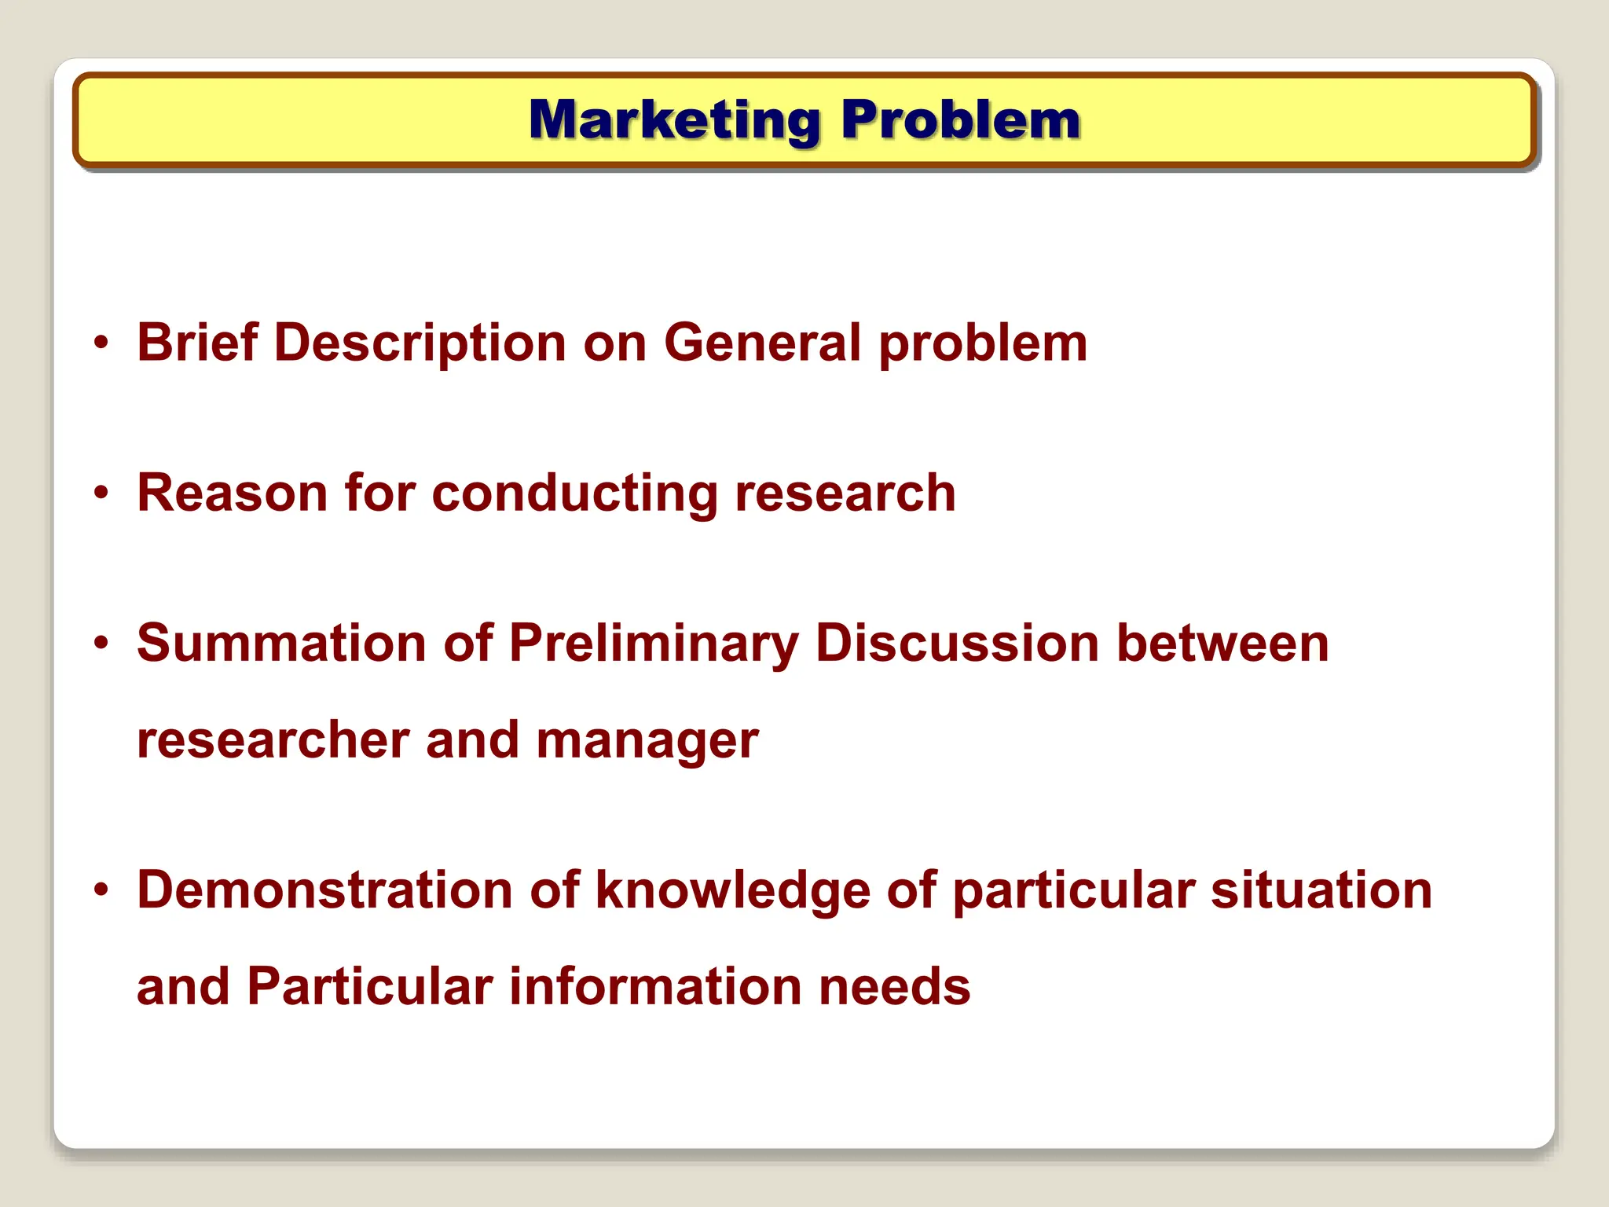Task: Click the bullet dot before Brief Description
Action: tap(101, 343)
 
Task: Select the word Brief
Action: tap(197, 343)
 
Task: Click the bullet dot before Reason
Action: tap(101, 493)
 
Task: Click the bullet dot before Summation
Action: tap(101, 644)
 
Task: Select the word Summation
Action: tap(281, 644)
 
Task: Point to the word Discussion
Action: tap(957, 644)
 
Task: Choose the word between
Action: tap(1222, 644)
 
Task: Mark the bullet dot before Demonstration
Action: tap(101, 891)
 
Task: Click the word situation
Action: tap(1321, 891)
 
